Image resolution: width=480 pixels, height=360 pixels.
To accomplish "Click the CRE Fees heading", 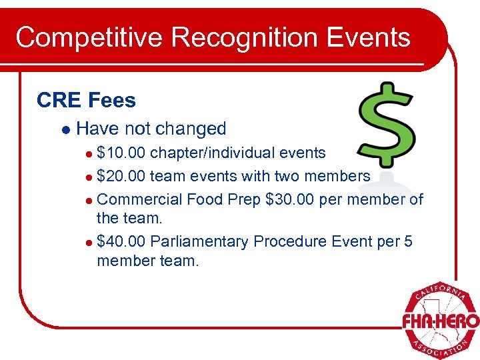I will [x=86, y=101].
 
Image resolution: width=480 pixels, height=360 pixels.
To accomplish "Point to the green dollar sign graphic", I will [x=387, y=121].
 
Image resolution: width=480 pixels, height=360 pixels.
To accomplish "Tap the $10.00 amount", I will [x=121, y=153].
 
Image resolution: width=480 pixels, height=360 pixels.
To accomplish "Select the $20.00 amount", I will [x=121, y=176].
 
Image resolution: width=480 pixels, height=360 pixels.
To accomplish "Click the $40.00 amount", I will [x=121, y=241].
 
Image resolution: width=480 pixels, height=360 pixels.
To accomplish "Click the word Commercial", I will [x=140, y=199].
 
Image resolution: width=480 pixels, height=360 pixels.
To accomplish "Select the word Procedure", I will [x=292, y=241].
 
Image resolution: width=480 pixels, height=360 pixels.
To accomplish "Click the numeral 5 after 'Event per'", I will [x=408, y=241].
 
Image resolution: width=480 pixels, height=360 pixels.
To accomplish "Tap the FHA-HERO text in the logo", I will [x=441, y=321].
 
